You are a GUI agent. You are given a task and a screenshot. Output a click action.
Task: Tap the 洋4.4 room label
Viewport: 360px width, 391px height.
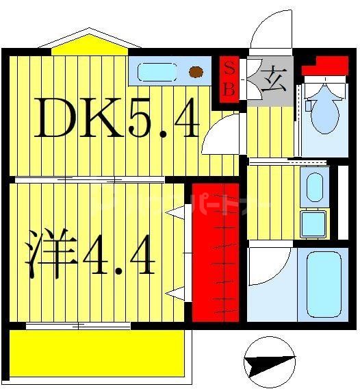[90, 253]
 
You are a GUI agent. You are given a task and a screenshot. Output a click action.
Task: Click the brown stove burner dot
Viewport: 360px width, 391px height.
[196, 70]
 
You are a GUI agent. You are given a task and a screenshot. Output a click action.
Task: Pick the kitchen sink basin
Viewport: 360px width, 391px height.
[157, 71]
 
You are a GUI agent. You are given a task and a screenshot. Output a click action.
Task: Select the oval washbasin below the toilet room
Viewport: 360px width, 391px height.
[314, 186]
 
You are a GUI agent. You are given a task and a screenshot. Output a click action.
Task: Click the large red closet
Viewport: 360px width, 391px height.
[215, 251]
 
